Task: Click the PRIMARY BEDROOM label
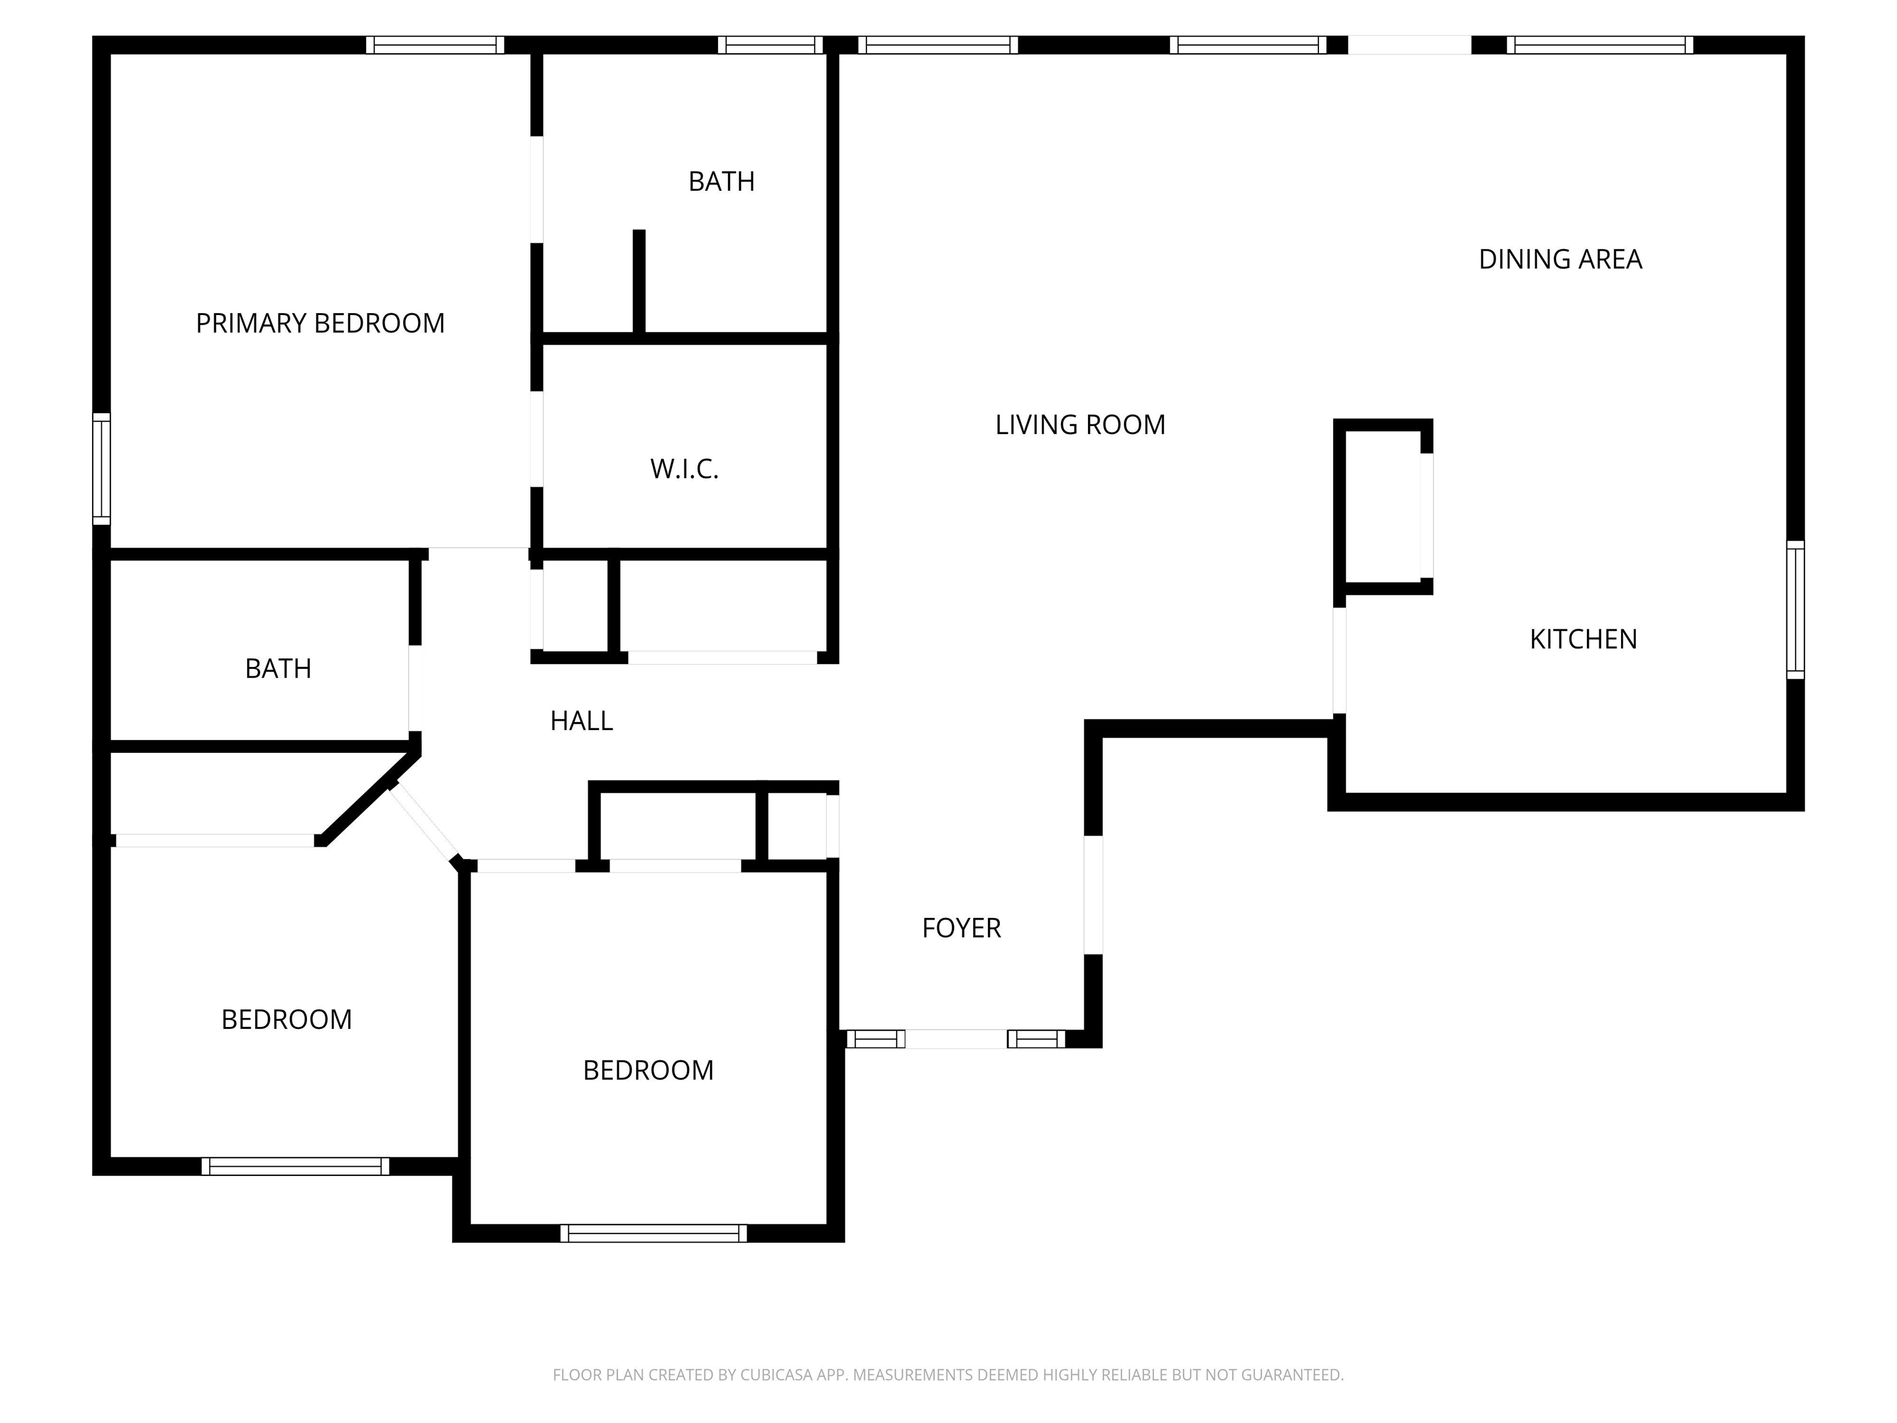320,324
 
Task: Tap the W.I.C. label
684,469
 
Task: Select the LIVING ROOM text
1079,424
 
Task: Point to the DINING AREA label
1560,259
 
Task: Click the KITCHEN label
1583,639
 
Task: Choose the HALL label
582,721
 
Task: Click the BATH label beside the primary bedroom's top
721,182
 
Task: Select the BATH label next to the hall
278,669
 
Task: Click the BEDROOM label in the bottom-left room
287,1020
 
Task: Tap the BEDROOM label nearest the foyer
648,1070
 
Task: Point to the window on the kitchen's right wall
1795,610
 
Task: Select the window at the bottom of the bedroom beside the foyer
653,1233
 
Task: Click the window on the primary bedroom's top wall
435,44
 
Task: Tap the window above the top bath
770,44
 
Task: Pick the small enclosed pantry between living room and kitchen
1383,506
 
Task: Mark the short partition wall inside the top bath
639,282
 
